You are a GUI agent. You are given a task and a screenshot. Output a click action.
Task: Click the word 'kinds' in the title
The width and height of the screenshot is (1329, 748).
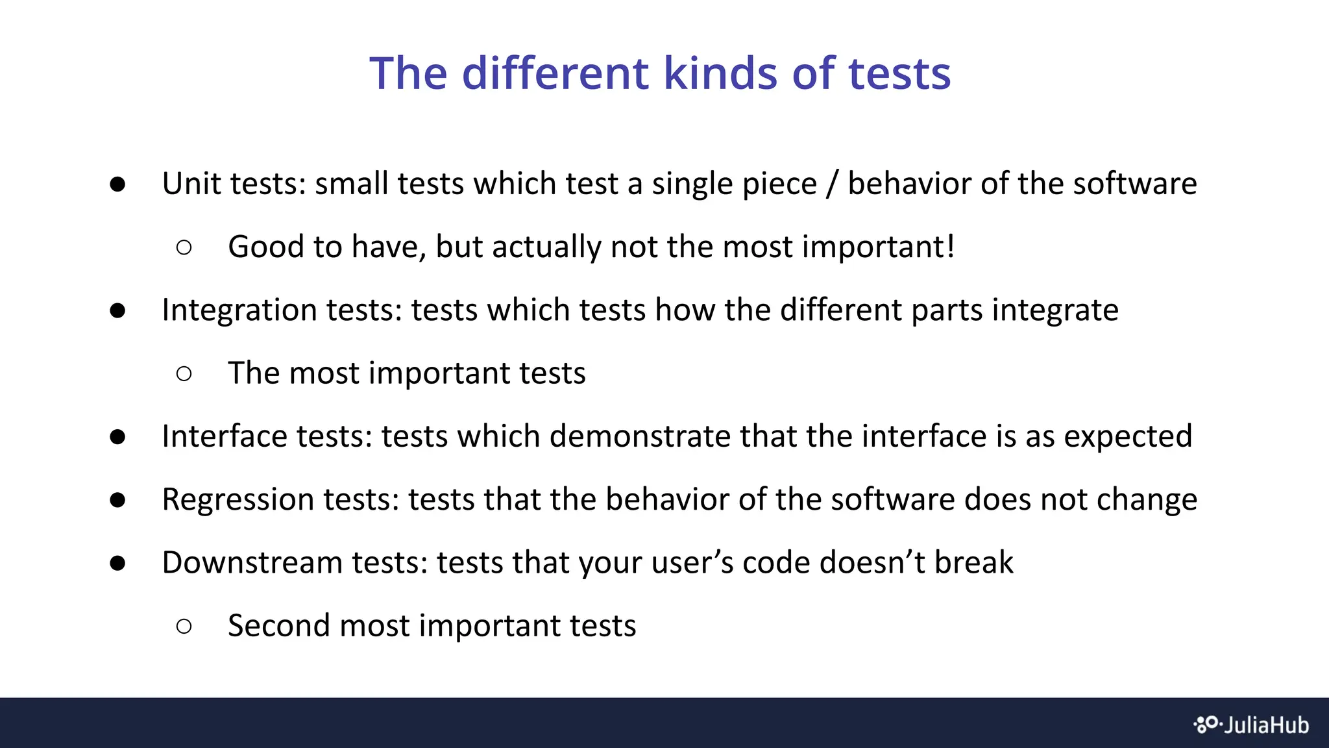(x=720, y=73)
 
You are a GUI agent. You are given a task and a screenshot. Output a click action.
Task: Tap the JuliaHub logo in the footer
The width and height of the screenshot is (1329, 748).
(x=1251, y=725)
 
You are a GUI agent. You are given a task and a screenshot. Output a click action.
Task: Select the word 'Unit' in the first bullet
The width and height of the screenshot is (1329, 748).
(x=192, y=184)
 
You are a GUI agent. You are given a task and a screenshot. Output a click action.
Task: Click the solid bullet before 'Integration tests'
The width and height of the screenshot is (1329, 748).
(x=117, y=310)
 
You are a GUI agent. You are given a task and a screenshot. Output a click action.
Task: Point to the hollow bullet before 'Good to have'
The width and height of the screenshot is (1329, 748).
(x=184, y=247)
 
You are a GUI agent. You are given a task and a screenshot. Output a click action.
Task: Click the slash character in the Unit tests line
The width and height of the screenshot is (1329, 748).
(x=832, y=184)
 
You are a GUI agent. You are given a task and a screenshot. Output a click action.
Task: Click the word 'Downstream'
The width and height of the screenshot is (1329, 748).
(x=252, y=562)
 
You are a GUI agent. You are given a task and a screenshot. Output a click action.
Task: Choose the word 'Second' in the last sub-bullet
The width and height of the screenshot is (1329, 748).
(x=278, y=626)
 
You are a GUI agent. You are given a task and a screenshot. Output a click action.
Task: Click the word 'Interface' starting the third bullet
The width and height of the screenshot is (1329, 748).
(x=225, y=436)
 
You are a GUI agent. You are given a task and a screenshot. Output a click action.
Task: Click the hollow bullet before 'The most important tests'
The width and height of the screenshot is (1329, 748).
(x=184, y=373)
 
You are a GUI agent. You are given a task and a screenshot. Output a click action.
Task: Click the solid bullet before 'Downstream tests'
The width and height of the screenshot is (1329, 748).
(x=117, y=562)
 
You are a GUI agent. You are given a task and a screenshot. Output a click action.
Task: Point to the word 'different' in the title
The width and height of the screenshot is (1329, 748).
(x=555, y=73)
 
